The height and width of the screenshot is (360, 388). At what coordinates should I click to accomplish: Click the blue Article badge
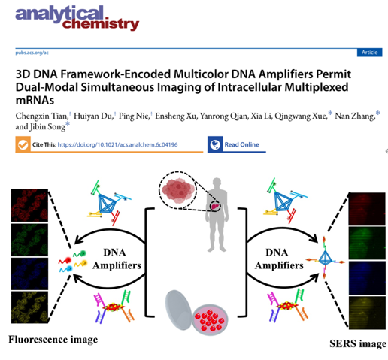369,53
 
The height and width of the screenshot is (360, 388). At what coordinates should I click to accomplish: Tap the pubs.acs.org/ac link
32,53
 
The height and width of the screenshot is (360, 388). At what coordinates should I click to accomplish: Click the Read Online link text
241,144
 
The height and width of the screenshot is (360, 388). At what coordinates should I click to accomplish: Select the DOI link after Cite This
117,144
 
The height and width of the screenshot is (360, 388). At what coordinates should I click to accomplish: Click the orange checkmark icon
23,144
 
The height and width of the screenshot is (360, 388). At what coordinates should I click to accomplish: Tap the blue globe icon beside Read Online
215,144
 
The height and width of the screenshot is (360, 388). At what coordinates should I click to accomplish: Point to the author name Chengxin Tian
41,116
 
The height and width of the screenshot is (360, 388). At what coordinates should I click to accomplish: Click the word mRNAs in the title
35,101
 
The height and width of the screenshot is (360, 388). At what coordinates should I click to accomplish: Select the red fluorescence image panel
29,205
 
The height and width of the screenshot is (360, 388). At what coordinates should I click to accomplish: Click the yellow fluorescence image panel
29,307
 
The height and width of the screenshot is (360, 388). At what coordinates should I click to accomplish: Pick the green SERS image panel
367,243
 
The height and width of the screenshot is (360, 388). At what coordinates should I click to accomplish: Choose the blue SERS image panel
367,277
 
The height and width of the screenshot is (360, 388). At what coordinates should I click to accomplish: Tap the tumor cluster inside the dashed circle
178,190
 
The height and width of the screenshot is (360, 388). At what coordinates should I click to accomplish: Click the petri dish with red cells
210,320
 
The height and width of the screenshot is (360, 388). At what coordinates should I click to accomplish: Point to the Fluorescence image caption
53,340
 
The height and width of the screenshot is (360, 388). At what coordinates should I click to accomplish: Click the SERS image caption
358,343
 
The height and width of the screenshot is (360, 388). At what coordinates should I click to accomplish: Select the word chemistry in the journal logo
101,24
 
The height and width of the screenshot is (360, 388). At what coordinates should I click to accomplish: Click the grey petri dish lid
178,310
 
